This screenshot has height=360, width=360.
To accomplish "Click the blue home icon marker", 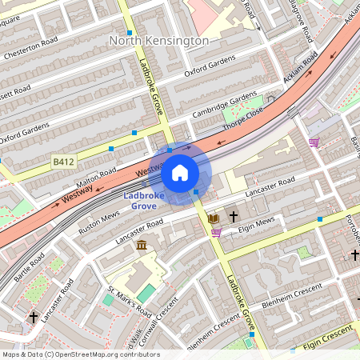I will coord(180,173).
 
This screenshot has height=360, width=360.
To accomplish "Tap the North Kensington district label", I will coord(158,40).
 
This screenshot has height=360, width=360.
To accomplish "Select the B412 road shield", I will coord(63,162).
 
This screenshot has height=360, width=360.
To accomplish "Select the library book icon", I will coord(213,218).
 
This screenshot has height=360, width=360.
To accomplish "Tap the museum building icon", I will coord(142,244).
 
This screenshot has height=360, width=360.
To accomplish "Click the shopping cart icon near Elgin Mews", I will coord(216,233).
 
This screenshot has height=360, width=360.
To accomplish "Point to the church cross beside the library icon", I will coord(234,217).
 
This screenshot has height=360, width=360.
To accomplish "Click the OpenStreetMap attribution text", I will coord(80,354).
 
